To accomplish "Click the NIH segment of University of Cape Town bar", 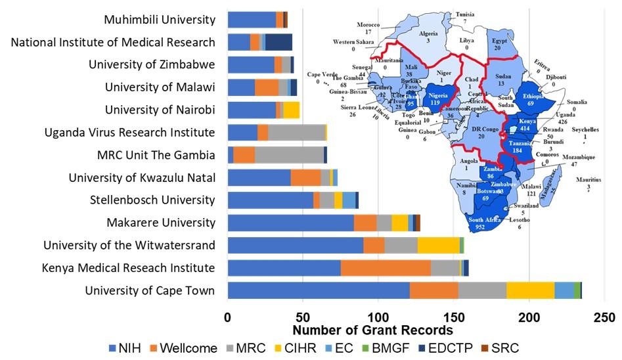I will (318, 290).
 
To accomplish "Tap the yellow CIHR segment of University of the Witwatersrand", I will (438, 245).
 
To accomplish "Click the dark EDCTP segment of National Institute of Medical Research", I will (278, 42).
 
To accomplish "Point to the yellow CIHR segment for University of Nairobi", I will (291, 110).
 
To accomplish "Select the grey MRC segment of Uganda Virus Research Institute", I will (296, 133).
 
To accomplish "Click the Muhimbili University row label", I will (160, 20).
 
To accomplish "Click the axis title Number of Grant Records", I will (372, 330).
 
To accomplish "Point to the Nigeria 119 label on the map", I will (439, 99).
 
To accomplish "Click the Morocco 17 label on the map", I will (368, 28).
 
